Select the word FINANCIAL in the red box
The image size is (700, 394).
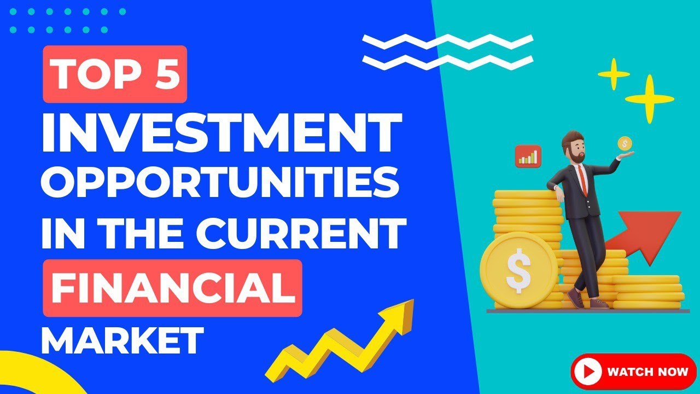(x=173, y=288)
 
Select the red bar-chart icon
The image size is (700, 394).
(x=527, y=156)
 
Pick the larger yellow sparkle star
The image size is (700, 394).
(x=649, y=99)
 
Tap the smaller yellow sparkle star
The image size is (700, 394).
(x=614, y=73)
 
